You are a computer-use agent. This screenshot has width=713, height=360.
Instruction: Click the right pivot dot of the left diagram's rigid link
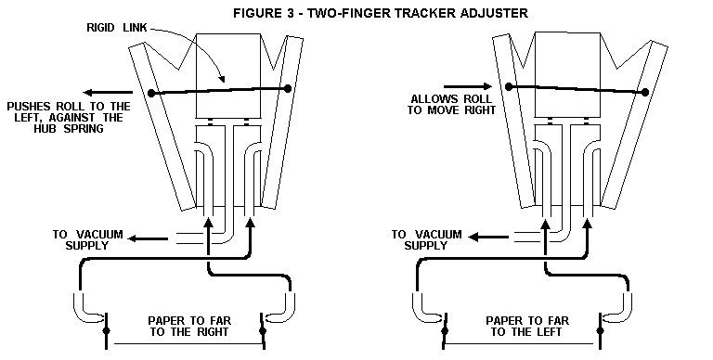[289, 88]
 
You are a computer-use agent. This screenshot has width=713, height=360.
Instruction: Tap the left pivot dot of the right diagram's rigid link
[510, 86]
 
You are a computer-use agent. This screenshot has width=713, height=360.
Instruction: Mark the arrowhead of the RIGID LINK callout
[219, 81]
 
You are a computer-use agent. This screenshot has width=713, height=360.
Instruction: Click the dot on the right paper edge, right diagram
[615, 331]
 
